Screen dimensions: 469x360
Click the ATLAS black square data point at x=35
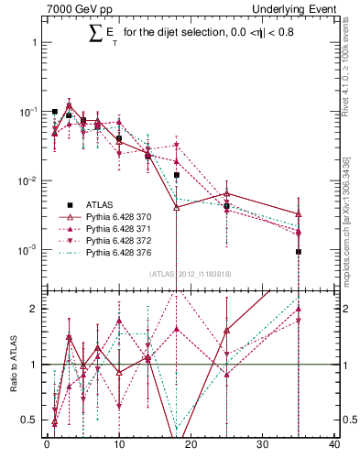299,251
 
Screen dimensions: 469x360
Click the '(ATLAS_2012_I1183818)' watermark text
189,273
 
